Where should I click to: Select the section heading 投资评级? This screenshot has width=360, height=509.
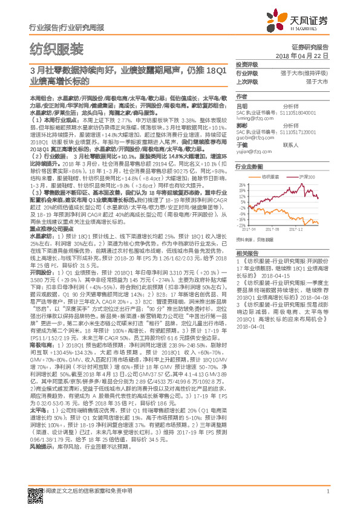247,64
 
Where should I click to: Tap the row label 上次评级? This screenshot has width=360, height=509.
246,81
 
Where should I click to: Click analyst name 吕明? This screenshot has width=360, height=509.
242,105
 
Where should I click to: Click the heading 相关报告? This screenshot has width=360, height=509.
247,253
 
